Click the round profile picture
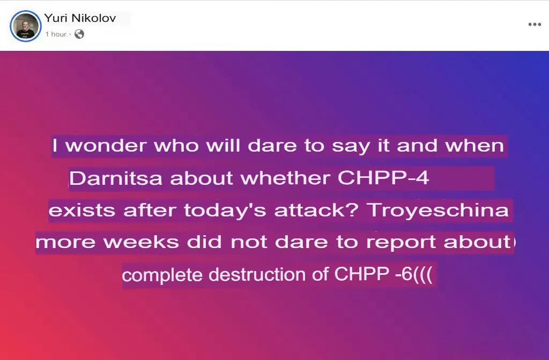tap(26, 26)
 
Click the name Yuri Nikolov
tap(80, 18)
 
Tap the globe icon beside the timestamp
tap(79, 34)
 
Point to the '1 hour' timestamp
tap(56, 34)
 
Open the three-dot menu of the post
tap(535, 24)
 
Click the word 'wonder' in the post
tap(106, 146)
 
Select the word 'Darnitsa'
tap(116, 178)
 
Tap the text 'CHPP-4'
tap(383, 178)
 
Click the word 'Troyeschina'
tap(437, 210)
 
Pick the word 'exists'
tap(82, 210)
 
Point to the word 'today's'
tap(225, 210)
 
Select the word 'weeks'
tap(142, 242)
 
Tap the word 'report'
tap(401, 243)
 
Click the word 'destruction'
tap(257, 274)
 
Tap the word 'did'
tap(204, 242)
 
